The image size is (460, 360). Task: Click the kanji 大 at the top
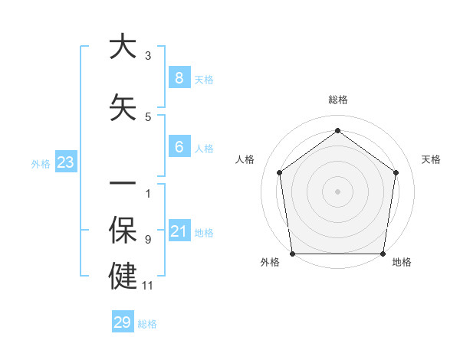tap(123, 47)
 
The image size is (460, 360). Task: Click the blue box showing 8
tap(179, 77)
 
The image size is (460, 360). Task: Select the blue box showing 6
tap(179, 147)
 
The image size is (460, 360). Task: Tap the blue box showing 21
tap(179, 231)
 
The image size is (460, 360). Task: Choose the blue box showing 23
tap(65, 162)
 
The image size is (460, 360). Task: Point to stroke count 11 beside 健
tap(148, 286)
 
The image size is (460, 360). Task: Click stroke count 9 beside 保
tap(148, 240)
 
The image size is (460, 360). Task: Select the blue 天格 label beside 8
tap(204, 79)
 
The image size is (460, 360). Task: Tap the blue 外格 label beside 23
tap(41, 163)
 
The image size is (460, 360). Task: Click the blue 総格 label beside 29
tap(147, 324)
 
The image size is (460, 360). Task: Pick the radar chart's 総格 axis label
tap(337, 100)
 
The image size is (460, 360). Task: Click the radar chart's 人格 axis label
tap(245, 159)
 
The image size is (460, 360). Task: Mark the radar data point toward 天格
tap(396, 172)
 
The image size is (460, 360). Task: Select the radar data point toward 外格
tap(292, 254)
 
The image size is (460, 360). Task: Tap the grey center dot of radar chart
tap(337, 191)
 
